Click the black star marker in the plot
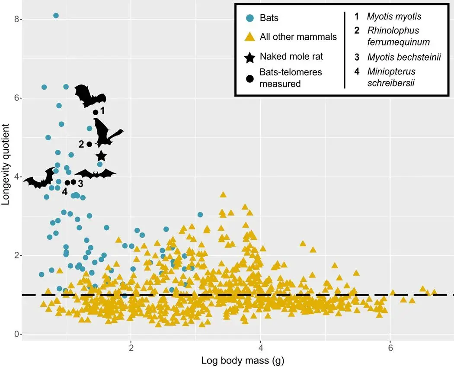click(x=101, y=156)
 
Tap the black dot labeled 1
click(x=96, y=112)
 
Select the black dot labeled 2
click(x=90, y=144)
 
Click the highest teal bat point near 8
click(x=56, y=16)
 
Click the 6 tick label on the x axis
click(x=390, y=348)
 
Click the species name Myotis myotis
click(x=394, y=17)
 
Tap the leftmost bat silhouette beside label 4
click(x=39, y=178)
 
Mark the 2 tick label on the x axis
click(x=131, y=348)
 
